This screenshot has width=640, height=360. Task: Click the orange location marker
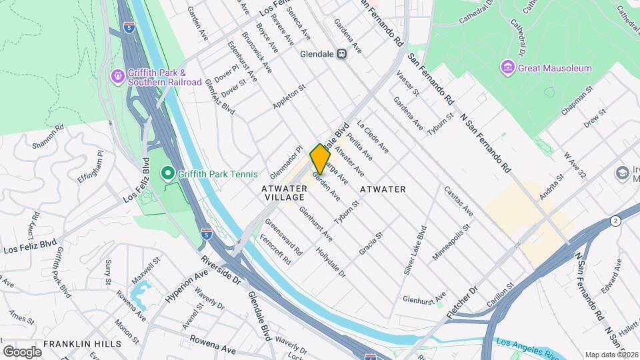tap(320, 159)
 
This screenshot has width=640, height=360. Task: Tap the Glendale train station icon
tap(342, 54)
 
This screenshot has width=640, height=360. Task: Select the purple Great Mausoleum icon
tap(507, 67)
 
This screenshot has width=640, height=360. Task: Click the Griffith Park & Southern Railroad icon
tap(118, 77)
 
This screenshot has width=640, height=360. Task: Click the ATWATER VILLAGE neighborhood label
tap(285, 193)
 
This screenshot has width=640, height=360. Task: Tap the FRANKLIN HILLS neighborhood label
tap(82, 344)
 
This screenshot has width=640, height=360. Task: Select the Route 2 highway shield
tap(615, 220)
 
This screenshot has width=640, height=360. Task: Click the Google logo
tap(22, 351)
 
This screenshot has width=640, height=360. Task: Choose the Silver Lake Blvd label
tap(415, 254)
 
